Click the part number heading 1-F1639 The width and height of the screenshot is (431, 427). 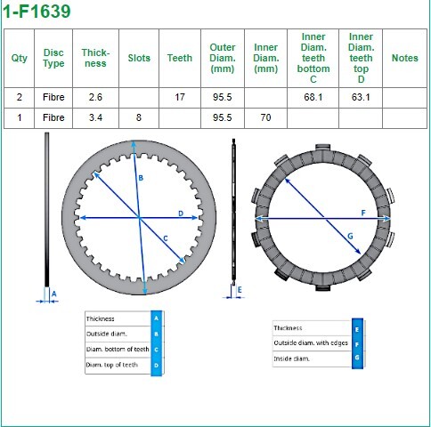(37, 12)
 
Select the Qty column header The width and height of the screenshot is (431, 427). (19, 58)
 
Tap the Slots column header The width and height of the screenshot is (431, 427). (139, 58)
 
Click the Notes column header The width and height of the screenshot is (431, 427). (404, 58)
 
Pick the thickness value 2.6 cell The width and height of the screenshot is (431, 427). (95, 97)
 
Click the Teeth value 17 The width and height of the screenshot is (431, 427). (180, 97)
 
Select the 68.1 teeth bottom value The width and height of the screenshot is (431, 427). (313, 97)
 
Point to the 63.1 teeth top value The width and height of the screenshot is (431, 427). (361, 97)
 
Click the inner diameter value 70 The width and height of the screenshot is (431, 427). (265, 117)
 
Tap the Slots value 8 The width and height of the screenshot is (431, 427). (139, 117)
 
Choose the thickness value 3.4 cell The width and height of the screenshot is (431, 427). (95, 117)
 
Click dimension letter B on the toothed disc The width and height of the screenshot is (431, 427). (141, 178)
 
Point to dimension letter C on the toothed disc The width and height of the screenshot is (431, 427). (166, 238)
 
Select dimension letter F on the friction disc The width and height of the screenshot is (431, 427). (363, 213)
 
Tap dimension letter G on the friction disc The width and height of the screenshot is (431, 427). (350, 237)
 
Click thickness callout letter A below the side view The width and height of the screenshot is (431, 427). (54, 294)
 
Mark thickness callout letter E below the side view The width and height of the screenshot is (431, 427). (240, 290)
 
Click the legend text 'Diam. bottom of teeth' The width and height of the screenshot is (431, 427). (118, 350)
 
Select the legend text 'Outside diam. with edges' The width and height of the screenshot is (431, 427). (311, 343)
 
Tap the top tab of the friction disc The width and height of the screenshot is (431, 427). (322, 148)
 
